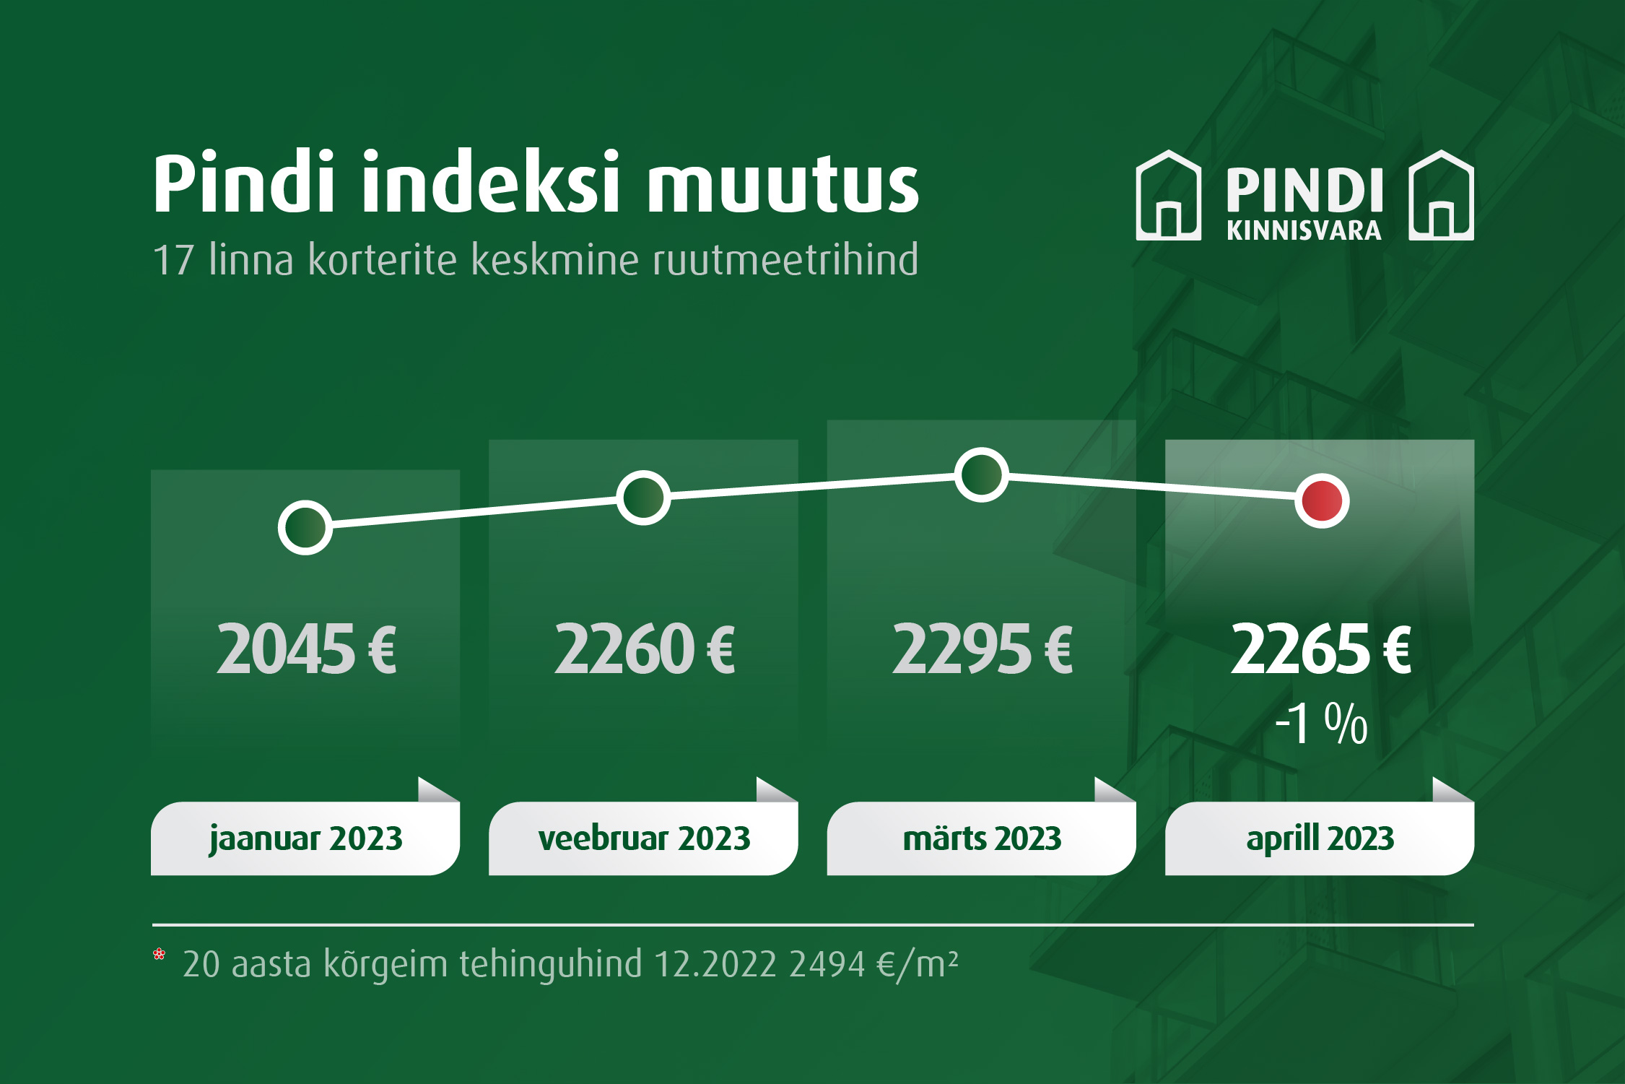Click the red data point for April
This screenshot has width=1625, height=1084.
(x=1322, y=500)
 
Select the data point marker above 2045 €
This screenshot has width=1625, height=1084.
(x=305, y=527)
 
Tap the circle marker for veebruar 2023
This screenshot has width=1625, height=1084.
(x=643, y=498)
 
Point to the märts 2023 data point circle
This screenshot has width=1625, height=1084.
(x=981, y=474)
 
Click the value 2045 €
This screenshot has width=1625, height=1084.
(x=306, y=649)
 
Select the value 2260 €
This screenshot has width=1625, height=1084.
(x=645, y=649)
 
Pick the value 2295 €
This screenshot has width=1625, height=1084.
(x=983, y=649)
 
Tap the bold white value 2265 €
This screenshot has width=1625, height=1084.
(x=1321, y=649)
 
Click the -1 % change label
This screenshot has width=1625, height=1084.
(x=1321, y=723)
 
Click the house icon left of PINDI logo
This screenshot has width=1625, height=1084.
(x=1169, y=195)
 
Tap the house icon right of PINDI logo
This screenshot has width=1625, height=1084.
(x=1441, y=195)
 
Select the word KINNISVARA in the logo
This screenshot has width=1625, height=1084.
(x=1304, y=230)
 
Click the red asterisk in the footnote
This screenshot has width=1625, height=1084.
(x=160, y=954)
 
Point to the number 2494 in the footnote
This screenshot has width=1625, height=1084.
(x=827, y=964)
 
